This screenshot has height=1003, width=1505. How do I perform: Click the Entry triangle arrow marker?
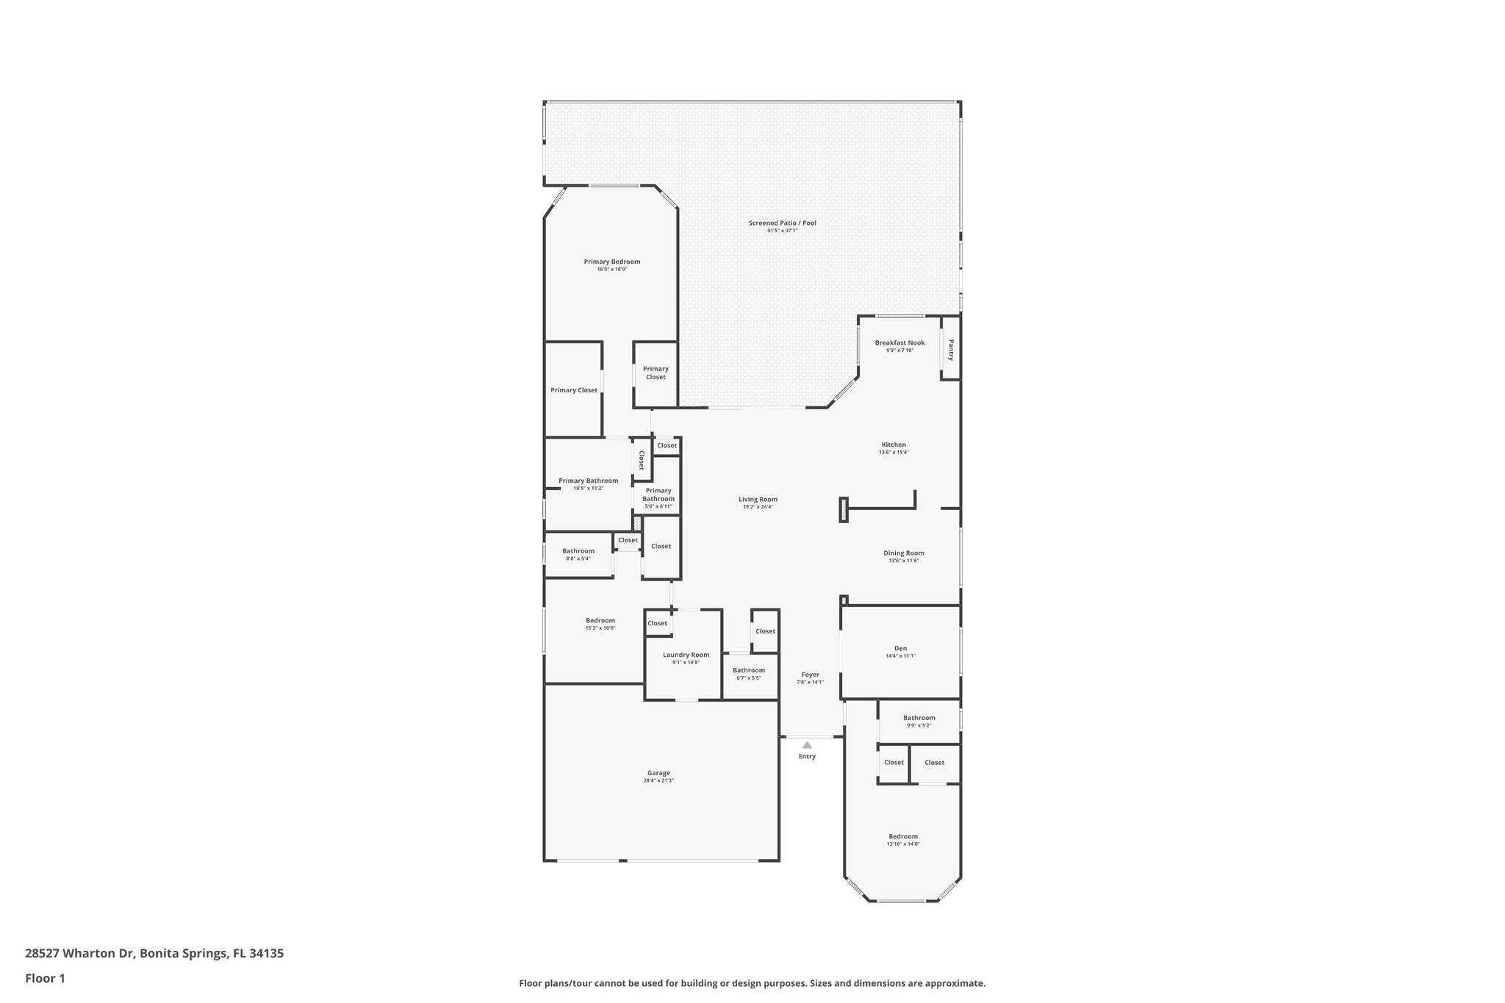[x=807, y=745]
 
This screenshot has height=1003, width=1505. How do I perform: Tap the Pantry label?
[x=951, y=350]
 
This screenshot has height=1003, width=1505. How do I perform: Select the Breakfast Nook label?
[x=899, y=342]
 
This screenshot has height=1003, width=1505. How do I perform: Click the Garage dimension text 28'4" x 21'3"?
[x=658, y=780]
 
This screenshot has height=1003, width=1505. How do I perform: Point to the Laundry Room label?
[x=686, y=655]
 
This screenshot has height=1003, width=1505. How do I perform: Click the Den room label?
[x=900, y=648]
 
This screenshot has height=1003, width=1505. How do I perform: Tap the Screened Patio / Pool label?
[x=782, y=223]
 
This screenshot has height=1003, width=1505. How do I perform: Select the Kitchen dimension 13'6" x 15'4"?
[x=894, y=453]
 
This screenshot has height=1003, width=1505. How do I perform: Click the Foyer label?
[x=810, y=675]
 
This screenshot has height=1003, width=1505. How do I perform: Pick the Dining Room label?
[x=903, y=553]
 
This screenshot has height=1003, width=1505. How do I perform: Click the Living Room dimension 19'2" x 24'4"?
[x=758, y=507]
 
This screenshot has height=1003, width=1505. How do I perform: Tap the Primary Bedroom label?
[x=611, y=262]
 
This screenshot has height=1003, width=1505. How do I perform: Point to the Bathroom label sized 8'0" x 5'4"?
[x=578, y=551]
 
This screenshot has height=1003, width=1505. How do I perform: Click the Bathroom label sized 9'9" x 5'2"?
[x=919, y=718]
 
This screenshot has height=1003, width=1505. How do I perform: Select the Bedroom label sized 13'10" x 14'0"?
[x=902, y=836]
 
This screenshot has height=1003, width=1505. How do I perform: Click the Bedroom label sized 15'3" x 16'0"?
[x=600, y=620]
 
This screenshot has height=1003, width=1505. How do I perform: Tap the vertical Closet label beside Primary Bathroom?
[x=642, y=461]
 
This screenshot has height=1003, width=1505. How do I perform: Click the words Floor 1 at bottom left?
[x=45, y=978]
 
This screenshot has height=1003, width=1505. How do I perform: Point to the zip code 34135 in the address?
[x=266, y=953]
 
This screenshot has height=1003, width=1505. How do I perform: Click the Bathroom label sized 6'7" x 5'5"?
[x=748, y=670]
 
